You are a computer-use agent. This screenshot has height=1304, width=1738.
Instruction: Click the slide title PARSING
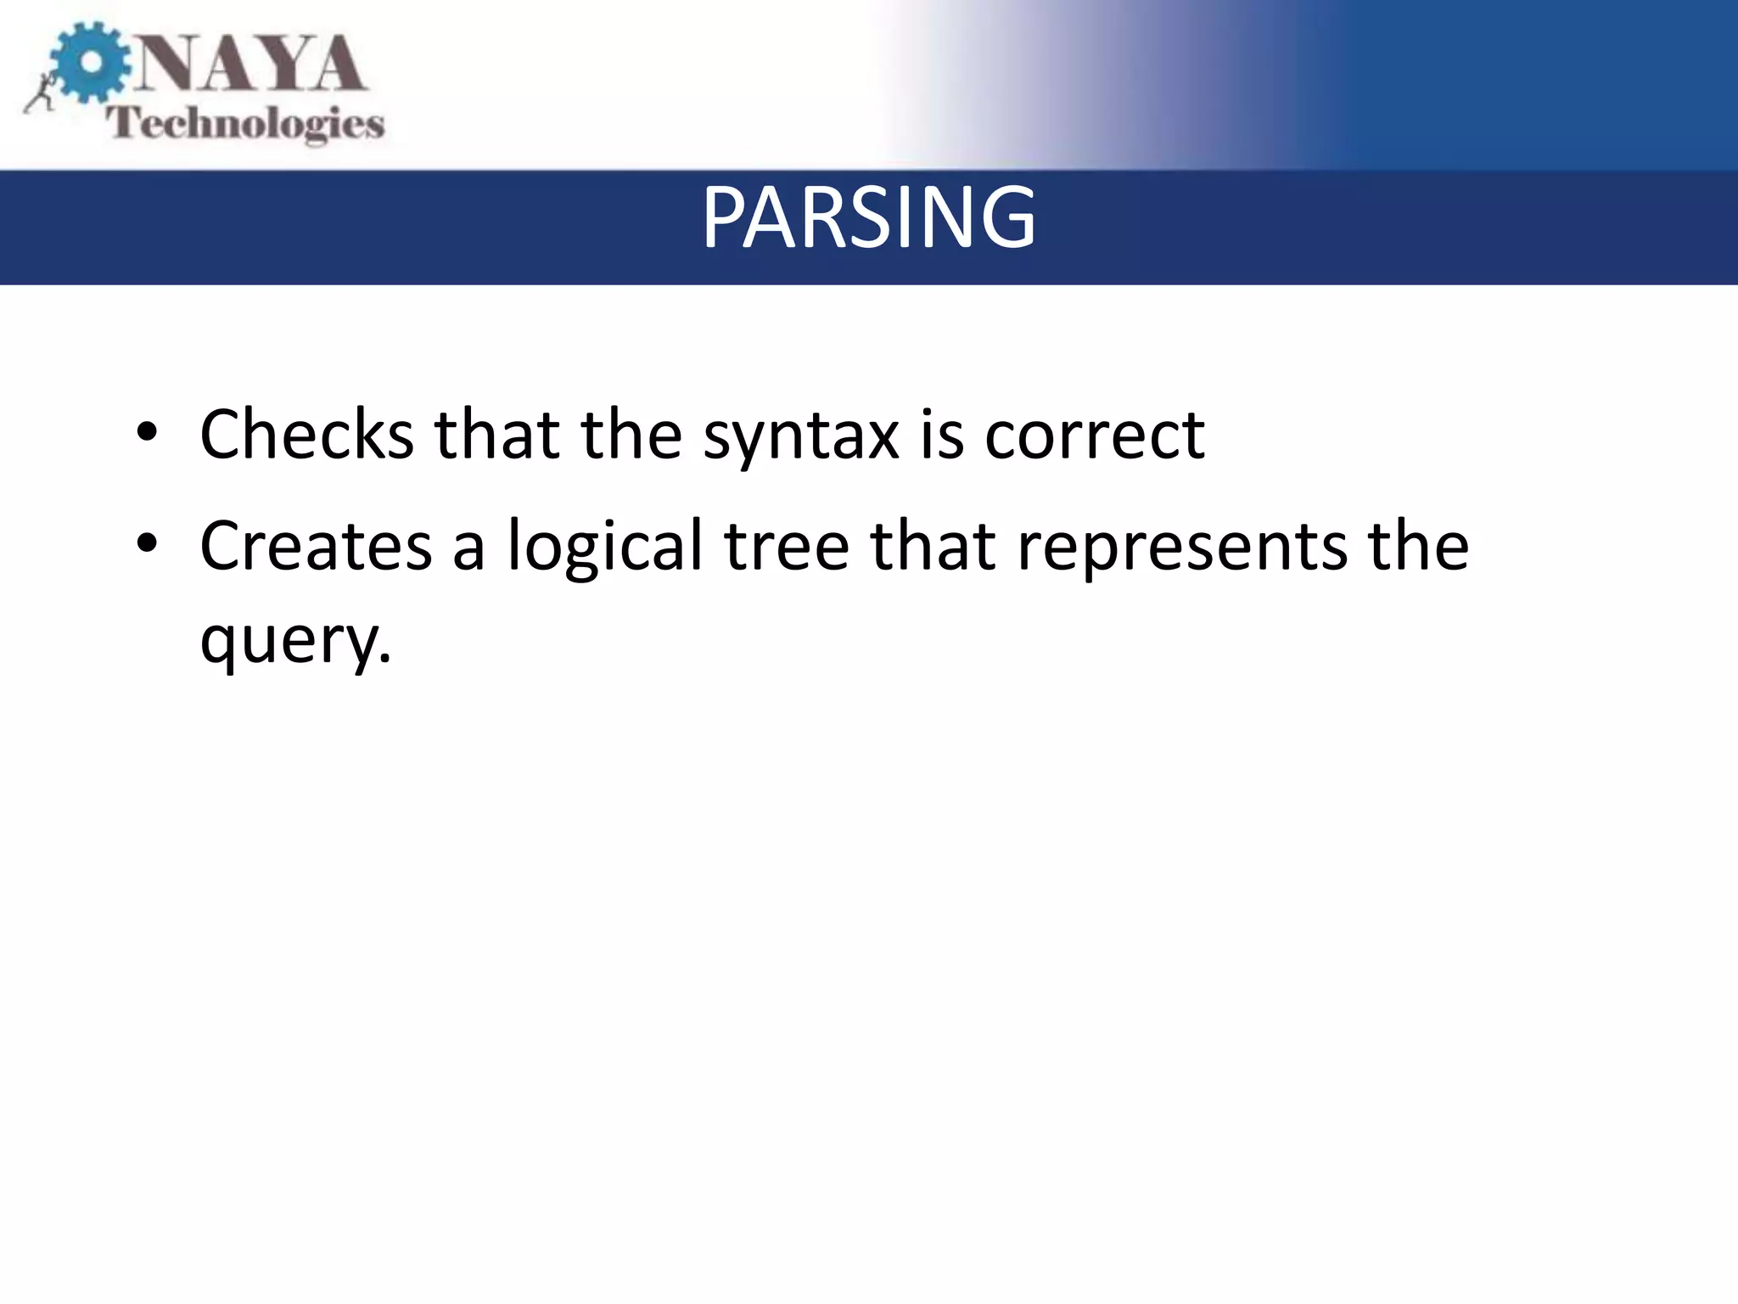868,218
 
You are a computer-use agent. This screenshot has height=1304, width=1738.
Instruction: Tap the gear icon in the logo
90,63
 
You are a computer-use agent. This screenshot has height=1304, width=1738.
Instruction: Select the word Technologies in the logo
245,124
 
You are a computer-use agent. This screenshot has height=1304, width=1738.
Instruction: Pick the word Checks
306,435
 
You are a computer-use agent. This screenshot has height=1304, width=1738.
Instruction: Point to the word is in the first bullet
942,435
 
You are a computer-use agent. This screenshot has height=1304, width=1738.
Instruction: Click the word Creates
316,546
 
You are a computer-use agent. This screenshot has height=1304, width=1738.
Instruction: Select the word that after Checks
497,435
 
